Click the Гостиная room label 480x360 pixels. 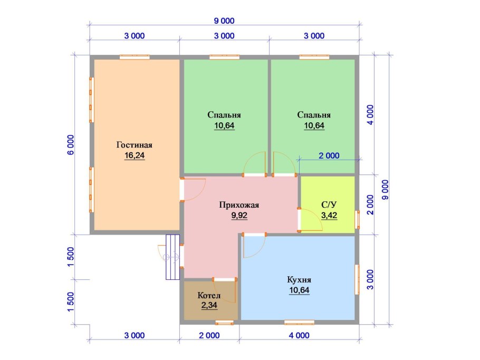(x=135, y=145)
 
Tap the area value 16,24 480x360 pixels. (x=135, y=155)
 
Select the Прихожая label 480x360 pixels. (x=239, y=205)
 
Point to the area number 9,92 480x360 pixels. (x=239, y=216)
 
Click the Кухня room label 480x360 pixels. (x=299, y=280)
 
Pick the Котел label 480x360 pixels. (x=209, y=296)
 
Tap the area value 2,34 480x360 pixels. (x=209, y=305)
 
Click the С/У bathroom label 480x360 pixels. (x=329, y=205)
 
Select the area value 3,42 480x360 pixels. (x=329, y=216)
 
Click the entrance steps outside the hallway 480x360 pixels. (x=172, y=257)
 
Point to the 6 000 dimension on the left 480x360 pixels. (x=71, y=145)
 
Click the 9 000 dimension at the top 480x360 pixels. (x=224, y=21)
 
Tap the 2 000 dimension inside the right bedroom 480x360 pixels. (x=329, y=155)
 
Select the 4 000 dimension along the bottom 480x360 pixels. (x=299, y=336)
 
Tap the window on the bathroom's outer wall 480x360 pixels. (x=357, y=220)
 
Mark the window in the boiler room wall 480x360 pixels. (x=224, y=323)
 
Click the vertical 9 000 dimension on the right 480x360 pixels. (x=386, y=190)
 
